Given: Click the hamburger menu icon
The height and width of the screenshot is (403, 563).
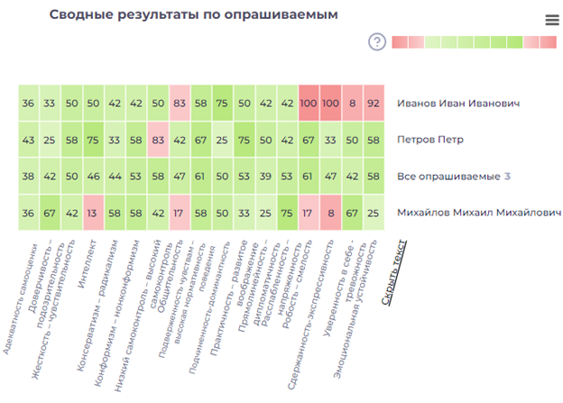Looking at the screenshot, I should coord(552,20).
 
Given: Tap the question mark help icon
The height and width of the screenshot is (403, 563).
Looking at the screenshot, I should coord(377,41).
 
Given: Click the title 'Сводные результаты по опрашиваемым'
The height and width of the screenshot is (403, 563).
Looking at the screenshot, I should coord(194,15).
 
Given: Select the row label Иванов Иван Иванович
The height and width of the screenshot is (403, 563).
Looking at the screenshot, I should coord(458,104).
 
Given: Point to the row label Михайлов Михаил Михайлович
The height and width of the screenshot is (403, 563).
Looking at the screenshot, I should coord(479,213).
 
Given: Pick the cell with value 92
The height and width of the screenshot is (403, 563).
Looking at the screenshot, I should coord(374,104).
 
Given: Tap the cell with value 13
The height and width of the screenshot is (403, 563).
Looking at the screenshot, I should coord(94,213).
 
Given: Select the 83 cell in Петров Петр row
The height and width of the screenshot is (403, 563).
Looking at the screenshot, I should coord(159,140).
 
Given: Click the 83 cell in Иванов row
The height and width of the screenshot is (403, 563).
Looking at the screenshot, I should coord(180,104).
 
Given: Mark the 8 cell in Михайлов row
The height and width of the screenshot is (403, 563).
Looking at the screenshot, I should coord(330,213).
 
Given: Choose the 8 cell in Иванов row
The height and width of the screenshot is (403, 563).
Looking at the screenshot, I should coord(352,104).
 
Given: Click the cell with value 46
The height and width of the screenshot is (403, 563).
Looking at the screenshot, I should coord(94,176).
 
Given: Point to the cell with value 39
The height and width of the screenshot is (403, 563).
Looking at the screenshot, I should coord(265,176).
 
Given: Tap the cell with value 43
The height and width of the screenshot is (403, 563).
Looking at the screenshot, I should coord(29,140).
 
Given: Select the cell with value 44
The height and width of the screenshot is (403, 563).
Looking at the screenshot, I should coord(115,176).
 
